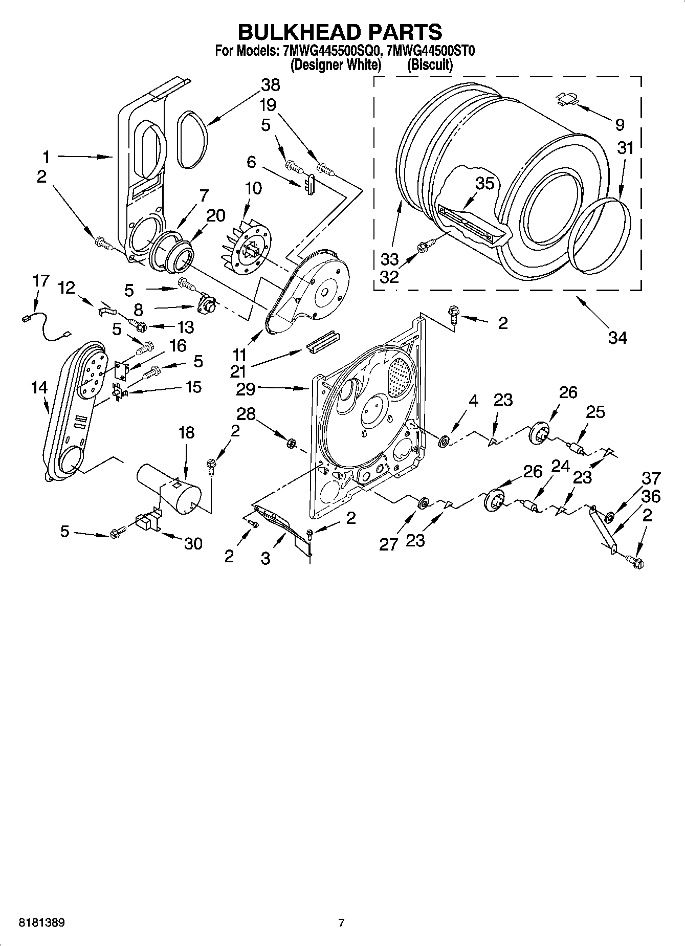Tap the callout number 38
point(271,85)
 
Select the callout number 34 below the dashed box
point(617,338)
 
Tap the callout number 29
point(246,389)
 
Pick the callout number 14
point(39,388)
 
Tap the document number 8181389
point(41,922)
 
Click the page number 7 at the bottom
point(341,922)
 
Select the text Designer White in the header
point(336,65)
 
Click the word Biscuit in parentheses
point(430,65)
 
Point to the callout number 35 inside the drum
point(484,183)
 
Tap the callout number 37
point(651,478)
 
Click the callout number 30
point(193,543)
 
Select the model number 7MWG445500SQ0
point(329,51)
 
